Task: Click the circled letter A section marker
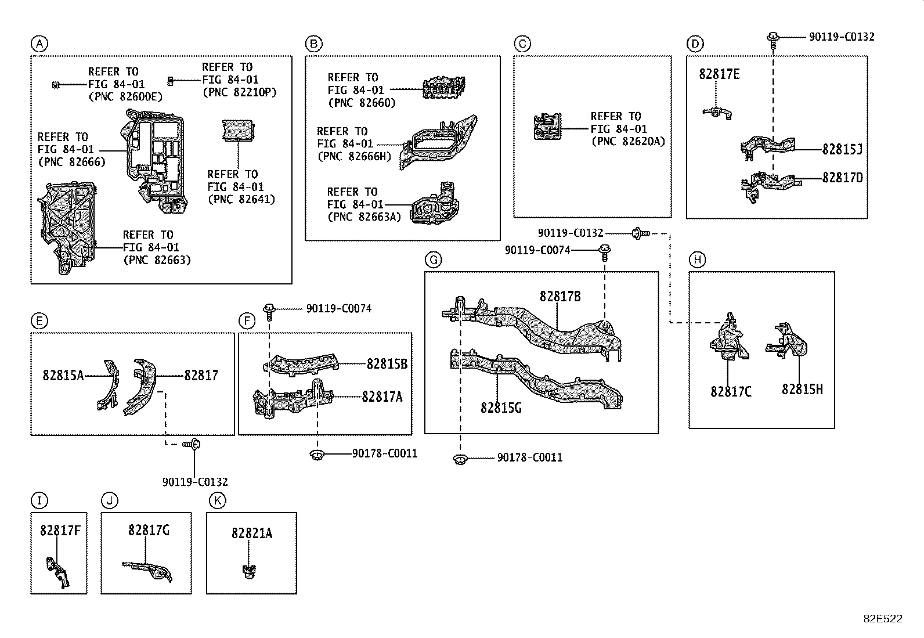coord(39,44)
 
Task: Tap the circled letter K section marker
coord(216,500)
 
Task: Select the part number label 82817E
coord(719,74)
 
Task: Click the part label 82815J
coord(842,149)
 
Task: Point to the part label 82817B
coord(560,296)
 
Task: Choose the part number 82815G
coord(500,408)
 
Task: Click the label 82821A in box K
coord(251,533)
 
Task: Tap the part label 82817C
coord(730,392)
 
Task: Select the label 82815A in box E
coord(63,376)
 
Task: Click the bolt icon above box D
coord(773,38)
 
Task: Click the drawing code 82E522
coord(882,619)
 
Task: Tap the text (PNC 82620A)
coord(628,142)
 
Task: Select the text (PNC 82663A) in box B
coord(364,217)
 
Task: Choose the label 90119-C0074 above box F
coord(338,309)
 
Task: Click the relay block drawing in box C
coord(548,127)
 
